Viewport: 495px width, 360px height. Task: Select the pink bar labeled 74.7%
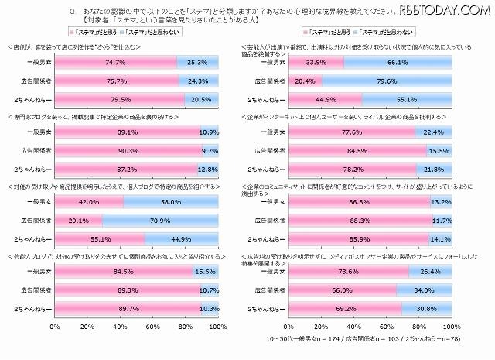116,63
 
